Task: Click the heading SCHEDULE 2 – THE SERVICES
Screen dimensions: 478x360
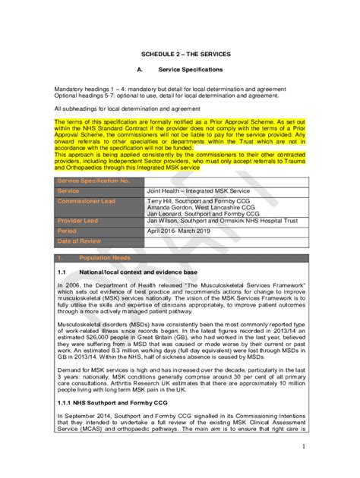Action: [x=180, y=55]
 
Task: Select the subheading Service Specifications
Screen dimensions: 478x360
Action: [x=191, y=70]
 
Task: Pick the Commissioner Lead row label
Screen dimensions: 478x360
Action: [x=87, y=201]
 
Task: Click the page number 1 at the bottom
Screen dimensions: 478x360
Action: [x=302, y=447]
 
